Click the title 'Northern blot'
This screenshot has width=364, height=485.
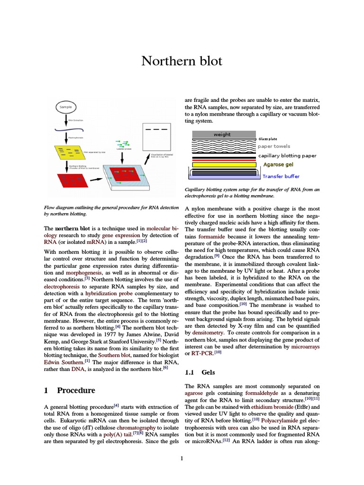(182, 62)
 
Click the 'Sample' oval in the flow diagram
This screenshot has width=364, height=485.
(66, 107)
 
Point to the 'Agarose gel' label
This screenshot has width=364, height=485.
(279, 165)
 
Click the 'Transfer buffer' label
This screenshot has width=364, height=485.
(281, 176)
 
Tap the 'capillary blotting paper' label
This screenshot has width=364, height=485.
(287, 155)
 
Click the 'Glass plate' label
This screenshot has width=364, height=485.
(268, 139)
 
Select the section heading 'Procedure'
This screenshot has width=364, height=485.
(76, 390)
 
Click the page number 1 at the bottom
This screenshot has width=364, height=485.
(182, 458)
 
